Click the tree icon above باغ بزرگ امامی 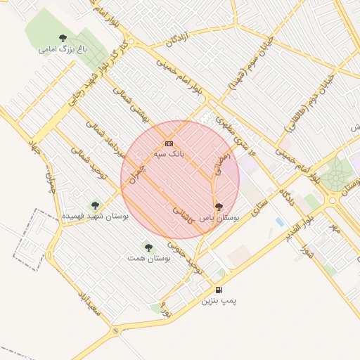[63, 38]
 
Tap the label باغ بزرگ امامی [57, 50]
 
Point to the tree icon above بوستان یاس [219, 207]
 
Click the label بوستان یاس [219, 219]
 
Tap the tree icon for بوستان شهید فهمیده [95, 205]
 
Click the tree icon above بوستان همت [148, 247]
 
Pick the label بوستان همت [150, 259]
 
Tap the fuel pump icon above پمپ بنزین [219, 290]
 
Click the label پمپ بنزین [219, 301]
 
